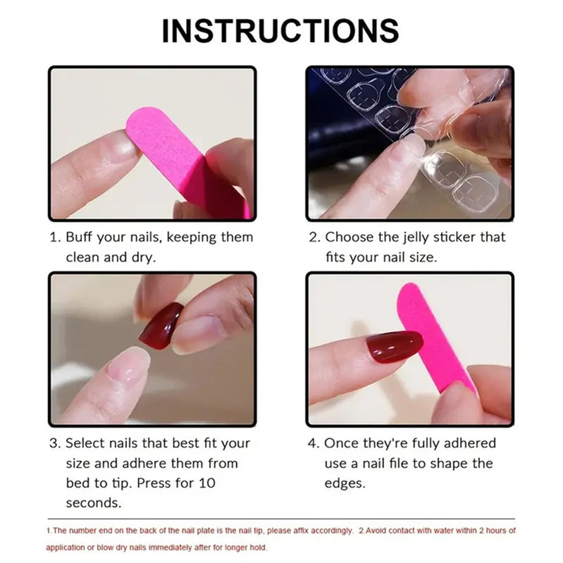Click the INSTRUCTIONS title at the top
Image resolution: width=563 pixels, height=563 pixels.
280,31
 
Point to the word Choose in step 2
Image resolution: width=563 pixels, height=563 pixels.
349,237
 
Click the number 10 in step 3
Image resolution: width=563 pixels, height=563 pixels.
207,483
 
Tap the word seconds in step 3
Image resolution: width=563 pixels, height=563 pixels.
93,503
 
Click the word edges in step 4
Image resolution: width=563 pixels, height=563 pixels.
345,483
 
